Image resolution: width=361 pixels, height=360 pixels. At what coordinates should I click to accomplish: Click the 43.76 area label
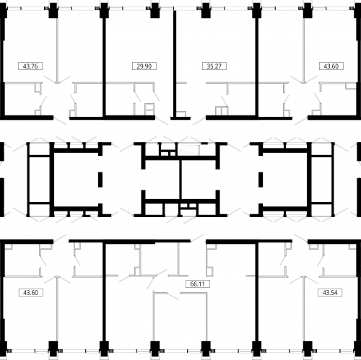point(30,66)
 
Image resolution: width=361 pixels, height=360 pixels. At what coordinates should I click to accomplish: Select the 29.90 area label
point(144,66)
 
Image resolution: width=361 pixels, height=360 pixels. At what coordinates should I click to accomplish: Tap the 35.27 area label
point(214,66)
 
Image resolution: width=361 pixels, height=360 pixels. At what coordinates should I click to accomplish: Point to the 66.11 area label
point(198,284)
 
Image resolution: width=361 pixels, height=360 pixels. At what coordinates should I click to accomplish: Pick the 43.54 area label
point(330,293)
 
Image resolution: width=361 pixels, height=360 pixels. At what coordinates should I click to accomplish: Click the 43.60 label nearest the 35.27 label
point(331,66)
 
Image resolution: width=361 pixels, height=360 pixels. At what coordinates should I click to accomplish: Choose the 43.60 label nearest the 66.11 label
point(31,293)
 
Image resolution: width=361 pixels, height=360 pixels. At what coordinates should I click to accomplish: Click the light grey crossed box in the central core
point(188,150)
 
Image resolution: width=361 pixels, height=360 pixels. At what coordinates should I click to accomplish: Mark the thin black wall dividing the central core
point(180,180)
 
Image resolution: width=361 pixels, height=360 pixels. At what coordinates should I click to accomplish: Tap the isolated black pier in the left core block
point(100,180)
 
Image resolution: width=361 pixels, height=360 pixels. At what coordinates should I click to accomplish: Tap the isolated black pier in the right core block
point(261,180)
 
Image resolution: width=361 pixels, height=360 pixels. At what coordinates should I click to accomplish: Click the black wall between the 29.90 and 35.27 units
point(175,64)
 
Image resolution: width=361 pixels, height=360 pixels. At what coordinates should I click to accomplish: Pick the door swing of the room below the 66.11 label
point(173,297)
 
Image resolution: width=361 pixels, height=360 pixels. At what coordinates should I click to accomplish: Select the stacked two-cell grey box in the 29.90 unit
point(149,110)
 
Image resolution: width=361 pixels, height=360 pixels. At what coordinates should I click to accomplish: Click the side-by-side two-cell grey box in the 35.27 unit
point(222,111)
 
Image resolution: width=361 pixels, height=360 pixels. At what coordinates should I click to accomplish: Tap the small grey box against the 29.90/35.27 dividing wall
point(181,114)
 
